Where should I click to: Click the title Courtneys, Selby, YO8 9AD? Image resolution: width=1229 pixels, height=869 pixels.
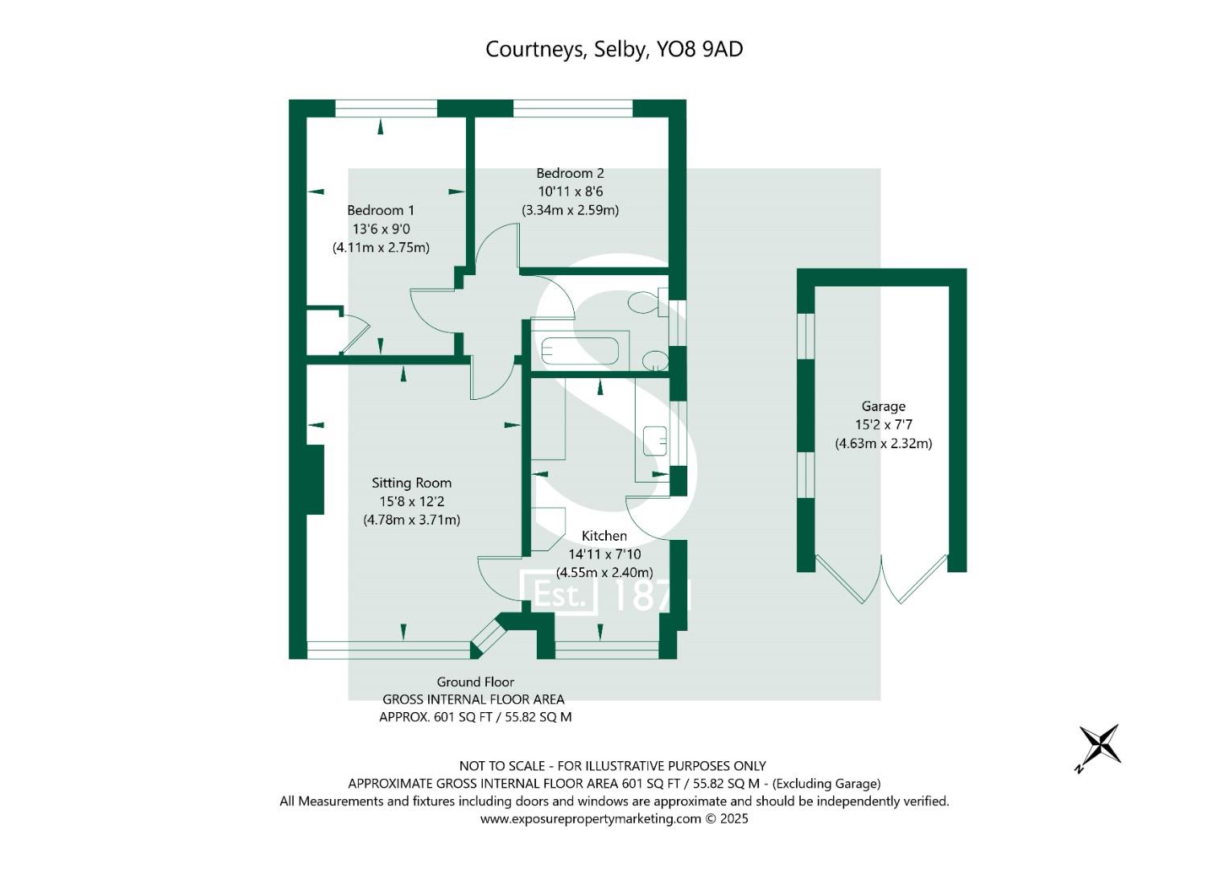(x=614, y=49)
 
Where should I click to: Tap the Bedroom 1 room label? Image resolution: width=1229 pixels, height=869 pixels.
(x=381, y=210)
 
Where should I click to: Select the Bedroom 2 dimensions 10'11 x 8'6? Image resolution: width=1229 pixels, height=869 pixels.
(x=570, y=192)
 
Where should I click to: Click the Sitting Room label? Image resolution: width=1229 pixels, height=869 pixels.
(x=411, y=483)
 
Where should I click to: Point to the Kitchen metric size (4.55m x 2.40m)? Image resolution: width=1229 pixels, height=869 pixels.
(x=604, y=573)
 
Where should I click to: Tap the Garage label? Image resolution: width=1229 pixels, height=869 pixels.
(x=884, y=406)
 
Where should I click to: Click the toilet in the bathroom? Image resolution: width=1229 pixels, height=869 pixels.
(x=647, y=303)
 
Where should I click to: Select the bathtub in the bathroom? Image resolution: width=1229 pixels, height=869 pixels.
(x=580, y=351)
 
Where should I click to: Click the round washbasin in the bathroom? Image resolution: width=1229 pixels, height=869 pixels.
(x=655, y=361)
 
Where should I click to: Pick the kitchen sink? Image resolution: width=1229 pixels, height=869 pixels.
(x=654, y=441)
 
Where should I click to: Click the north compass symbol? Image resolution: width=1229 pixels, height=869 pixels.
(x=1100, y=746)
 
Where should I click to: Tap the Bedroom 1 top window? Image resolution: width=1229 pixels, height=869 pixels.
(x=386, y=108)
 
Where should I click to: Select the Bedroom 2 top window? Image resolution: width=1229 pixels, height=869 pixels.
(x=573, y=108)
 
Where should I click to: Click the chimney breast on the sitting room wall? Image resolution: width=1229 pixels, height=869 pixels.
(x=315, y=480)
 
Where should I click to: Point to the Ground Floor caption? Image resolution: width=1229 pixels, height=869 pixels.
(x=475, y=682)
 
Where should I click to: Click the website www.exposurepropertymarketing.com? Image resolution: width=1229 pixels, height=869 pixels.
(x=591, y=819)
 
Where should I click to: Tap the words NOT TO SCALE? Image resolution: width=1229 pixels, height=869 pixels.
(x=502, y=766)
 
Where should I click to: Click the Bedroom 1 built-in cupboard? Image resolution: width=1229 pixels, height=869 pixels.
(x=324, y=332)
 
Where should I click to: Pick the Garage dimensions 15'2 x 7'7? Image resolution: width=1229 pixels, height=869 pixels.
(x=884, y=425)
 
